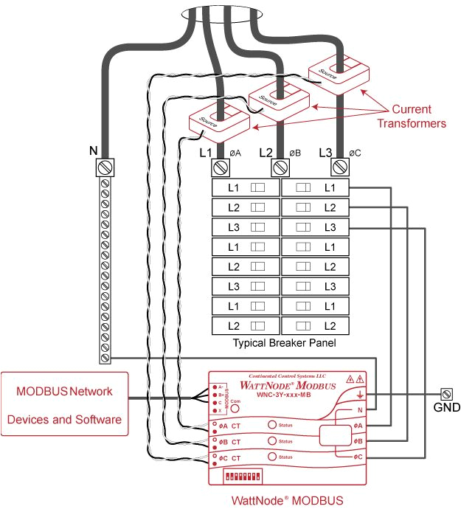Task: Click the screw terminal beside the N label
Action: (x=105, y=168)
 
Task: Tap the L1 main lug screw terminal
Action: (x=220, y=168)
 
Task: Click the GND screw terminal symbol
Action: (x=446, y=393)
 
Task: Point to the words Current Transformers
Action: (x=412, y=117)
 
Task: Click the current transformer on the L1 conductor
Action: (x=219, y=118)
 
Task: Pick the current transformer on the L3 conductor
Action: (x=339, y=69)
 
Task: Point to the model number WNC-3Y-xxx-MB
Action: (x=284, y=395)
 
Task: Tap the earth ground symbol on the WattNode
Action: (x=358, y=396)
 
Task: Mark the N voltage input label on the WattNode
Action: (x=359, y=410)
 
